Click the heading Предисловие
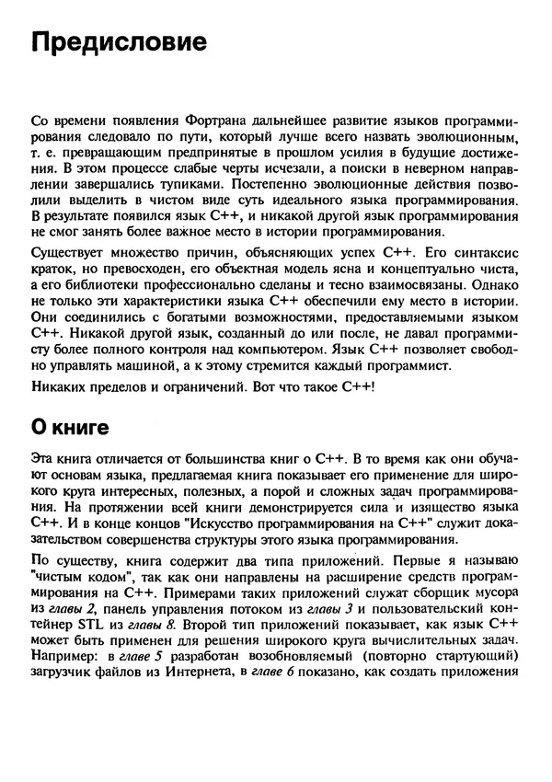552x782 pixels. click(x=118, y=43)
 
